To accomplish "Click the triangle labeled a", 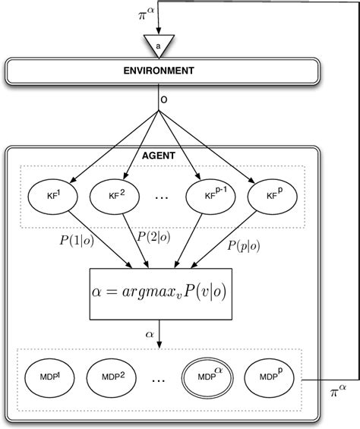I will pyautogui.click(x=159, y=45).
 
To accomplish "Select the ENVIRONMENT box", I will pyautogui.click(x=159, y=71).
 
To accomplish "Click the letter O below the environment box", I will pyautogui.click(x=163, y=99).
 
